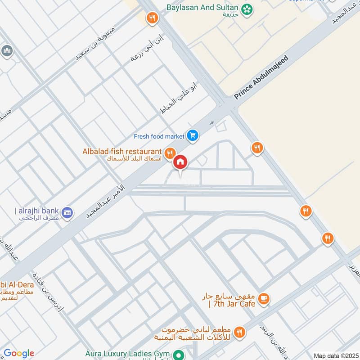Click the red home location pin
pos(180,162)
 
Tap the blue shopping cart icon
pos(193,135)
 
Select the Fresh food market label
pos(159,136)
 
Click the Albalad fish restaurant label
pos(122,151)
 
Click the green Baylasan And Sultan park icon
pos(247,8)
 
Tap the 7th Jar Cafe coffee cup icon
pos(264,297)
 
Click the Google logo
pos(18,353)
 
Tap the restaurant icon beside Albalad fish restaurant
pos(170,153)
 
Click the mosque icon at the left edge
pos(6,50)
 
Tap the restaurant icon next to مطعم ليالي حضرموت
pos(239,333)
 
